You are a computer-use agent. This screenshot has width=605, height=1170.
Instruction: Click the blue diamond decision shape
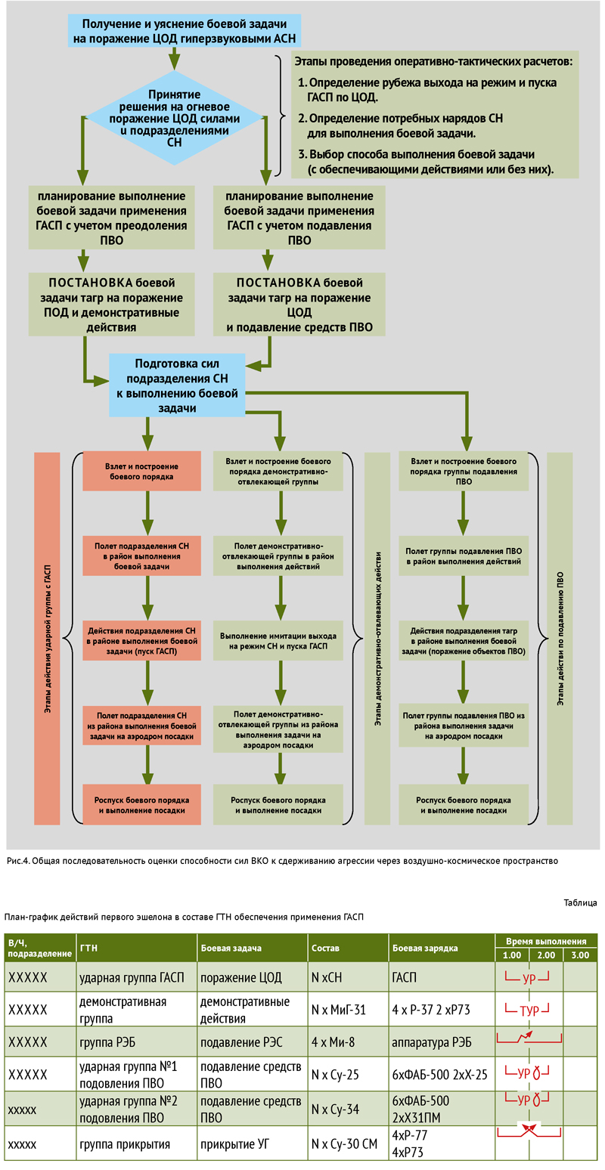coord(175,118)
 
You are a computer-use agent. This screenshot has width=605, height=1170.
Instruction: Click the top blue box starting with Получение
coord(185,31)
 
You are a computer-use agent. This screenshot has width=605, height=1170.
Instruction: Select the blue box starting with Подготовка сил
coord(177,385)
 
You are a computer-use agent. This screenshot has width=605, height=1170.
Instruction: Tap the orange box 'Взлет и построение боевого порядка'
coord(141,471)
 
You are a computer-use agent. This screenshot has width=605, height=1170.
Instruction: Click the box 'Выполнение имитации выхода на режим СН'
coord(278,641)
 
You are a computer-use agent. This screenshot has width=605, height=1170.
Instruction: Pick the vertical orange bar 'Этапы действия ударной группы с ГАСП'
coord(47,638)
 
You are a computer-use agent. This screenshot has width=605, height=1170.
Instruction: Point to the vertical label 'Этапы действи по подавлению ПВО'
coord(560,638)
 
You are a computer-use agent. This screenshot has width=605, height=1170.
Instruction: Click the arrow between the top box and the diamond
coord(175,58)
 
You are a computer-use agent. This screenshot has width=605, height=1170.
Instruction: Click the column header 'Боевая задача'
coord(231,948)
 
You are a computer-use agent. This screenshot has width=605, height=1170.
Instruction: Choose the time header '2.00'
coord(546,955)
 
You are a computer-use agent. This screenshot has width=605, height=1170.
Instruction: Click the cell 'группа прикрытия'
coord(125,1144)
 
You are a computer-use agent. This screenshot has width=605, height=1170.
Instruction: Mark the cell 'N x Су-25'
coord(335,1075)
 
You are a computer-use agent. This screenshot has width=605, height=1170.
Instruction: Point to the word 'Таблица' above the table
coord(580,902)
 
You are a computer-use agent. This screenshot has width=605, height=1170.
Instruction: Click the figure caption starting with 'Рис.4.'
coord(282,861)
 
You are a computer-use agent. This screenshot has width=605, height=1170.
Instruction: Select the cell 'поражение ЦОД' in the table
coord(240,977)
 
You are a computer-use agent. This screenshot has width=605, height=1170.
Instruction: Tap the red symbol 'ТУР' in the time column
coord(529,1010)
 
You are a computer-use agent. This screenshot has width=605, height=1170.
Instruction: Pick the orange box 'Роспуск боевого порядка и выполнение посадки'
coord(141,805)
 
